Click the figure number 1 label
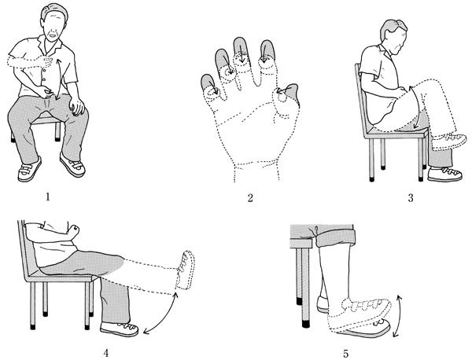[x=47, y=197]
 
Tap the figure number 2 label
[x=250, y=198]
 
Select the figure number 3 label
[x=411, y=198]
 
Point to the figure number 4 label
[x=106, y=353]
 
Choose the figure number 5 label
[x=345, y=354]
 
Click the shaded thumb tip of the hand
[x=290, y=92]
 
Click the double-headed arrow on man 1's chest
[x=58, y=79]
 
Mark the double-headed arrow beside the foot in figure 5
[x=398, y=316]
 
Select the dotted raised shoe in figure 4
[x=185, y=270]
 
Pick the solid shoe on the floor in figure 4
[x=120, y=329]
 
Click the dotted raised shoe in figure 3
[x=449, y=142]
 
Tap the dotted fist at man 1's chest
[x=47, y=61]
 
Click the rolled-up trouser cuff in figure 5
[x=335, y=237]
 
